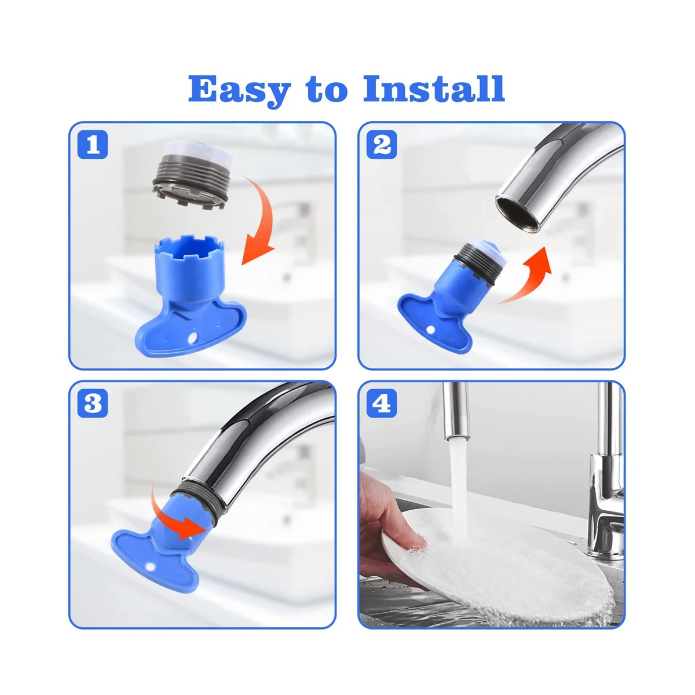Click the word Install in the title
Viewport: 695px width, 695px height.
pos(434,89)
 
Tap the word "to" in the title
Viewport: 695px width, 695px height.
pos(327,90)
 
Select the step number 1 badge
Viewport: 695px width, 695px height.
pos(93,145)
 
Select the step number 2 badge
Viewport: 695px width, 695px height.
pos(382,145)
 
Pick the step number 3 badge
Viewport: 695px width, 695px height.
pos(93,403)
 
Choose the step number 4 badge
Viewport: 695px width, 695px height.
pos(382,403)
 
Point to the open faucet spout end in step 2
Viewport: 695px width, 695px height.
pos(518,212)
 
